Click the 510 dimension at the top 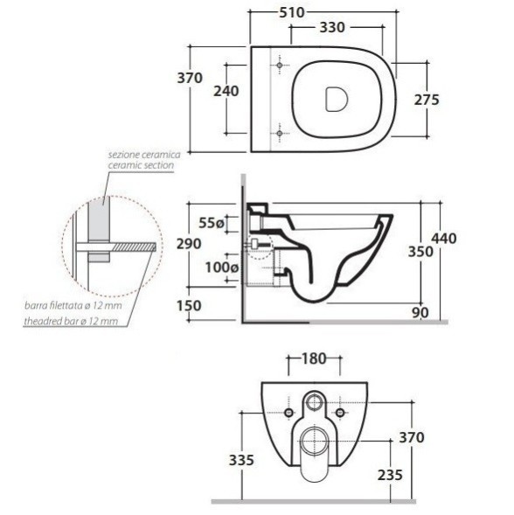(x=292, y=13)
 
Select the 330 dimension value (x=332, y=28)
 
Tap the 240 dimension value (x=226, y=91)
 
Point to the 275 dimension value (x=427, y=100)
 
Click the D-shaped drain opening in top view (x=337, y=99)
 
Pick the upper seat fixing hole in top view (x=280, y=66)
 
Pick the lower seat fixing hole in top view (x=280, y=134)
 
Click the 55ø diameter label (x=212, y=223)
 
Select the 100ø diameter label (x=222, y=268)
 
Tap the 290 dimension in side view (x=189, y=244)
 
